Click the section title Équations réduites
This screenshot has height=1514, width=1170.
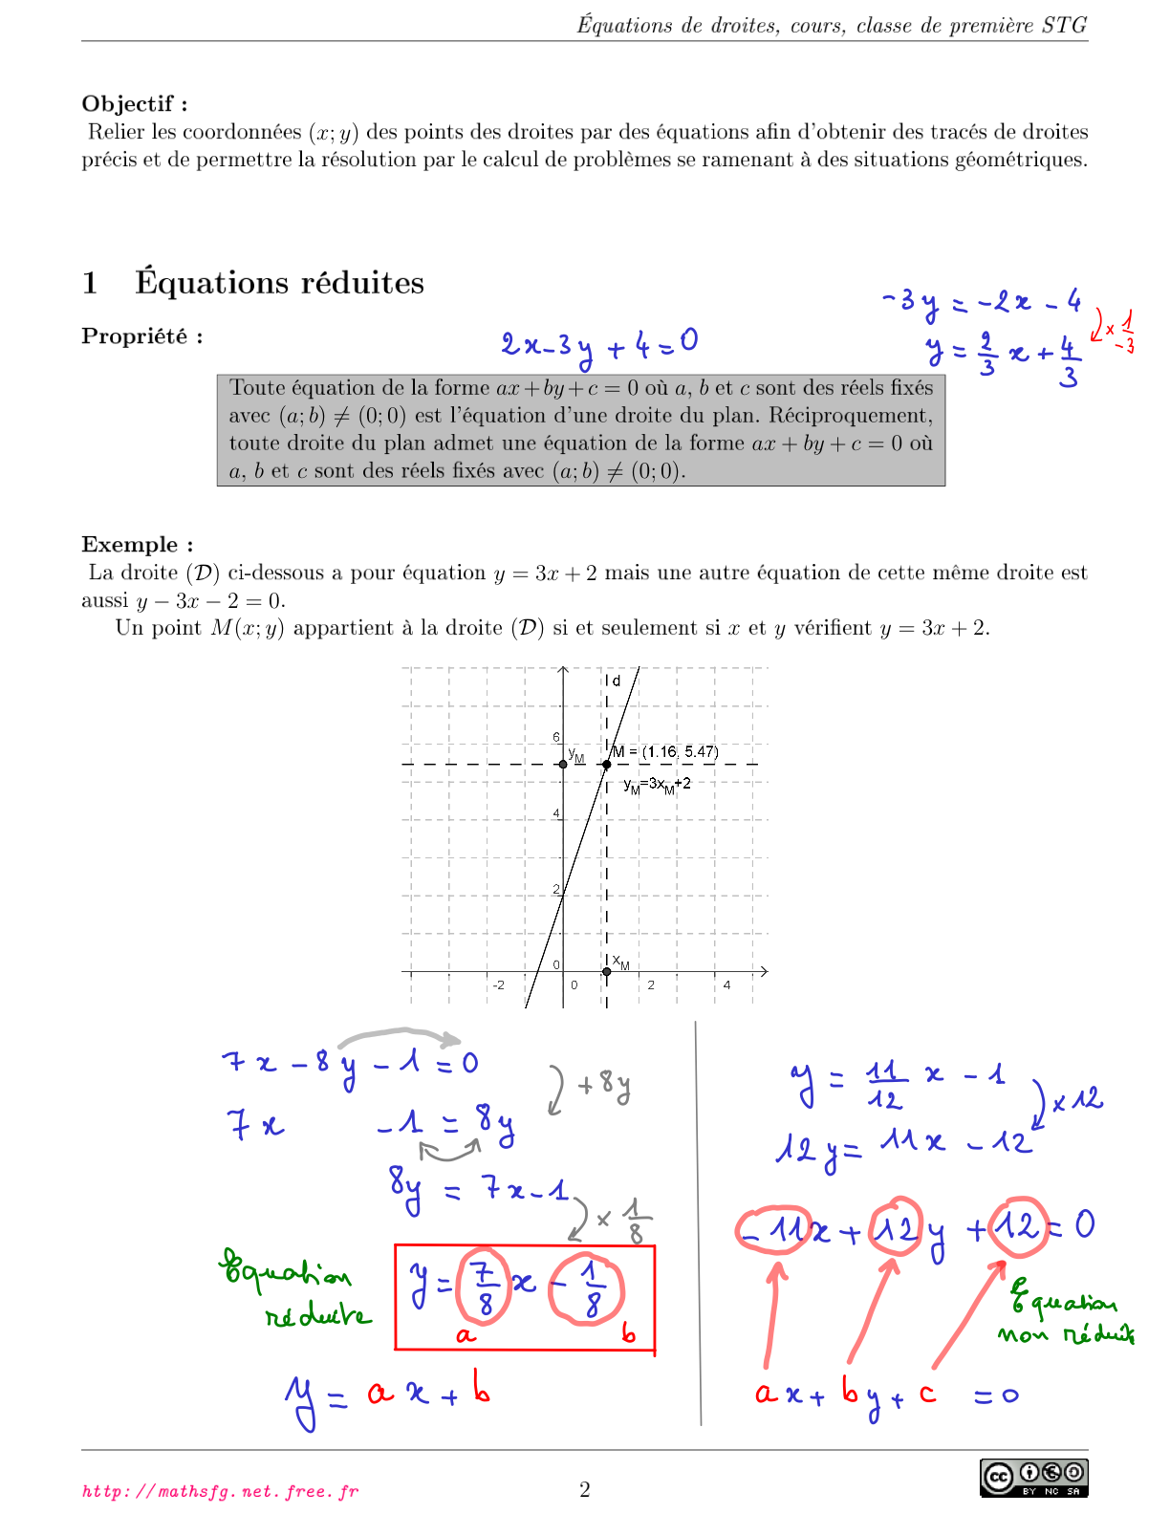click(279, 283)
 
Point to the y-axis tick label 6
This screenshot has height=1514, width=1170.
click(556, 737)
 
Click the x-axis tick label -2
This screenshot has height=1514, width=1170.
click(498, 984)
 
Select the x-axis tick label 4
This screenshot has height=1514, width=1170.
click(726, 984)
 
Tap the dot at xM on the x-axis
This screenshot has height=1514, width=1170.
click(606, 972)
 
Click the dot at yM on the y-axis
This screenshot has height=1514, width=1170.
click(563, 764)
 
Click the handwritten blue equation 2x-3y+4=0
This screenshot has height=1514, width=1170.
click(599, 345)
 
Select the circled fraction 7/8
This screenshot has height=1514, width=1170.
click(485, 1287)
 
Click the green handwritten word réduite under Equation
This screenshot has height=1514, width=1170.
click(317, 1316)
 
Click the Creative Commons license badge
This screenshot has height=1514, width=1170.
click(1034, 1477)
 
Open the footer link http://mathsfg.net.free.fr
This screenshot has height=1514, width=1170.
click(221, 1491)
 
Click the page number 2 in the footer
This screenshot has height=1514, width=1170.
click(585, 1489)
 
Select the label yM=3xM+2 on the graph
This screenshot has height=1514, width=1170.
click(657, 785)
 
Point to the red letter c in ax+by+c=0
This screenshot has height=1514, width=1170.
click(927, 1394)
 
